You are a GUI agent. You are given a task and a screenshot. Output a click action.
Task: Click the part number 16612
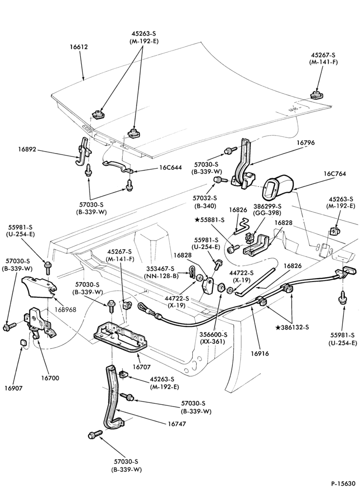[78, 47]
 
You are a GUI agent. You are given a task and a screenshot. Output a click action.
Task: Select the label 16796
[305, 143]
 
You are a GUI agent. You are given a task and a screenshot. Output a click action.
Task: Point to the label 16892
[27, 150]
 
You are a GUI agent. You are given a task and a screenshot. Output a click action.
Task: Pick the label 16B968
[66, 310]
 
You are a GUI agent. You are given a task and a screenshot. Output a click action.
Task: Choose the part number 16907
[14, 388]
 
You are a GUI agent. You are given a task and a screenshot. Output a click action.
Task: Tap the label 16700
[49, 378]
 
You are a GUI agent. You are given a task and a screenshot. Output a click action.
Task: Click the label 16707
[141, 367]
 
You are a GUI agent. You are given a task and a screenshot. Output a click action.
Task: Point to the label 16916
[260, 354]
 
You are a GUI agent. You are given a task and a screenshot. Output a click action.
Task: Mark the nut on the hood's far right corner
[316, 94]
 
